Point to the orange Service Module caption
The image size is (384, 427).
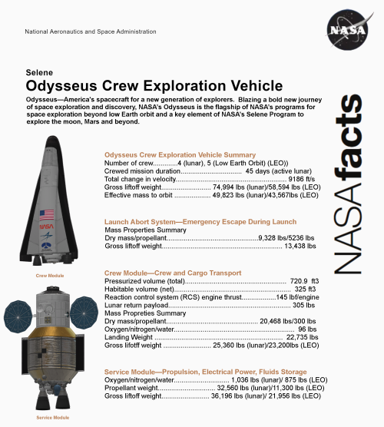pos(53,417)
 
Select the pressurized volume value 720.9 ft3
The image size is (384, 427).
pos(303,281)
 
